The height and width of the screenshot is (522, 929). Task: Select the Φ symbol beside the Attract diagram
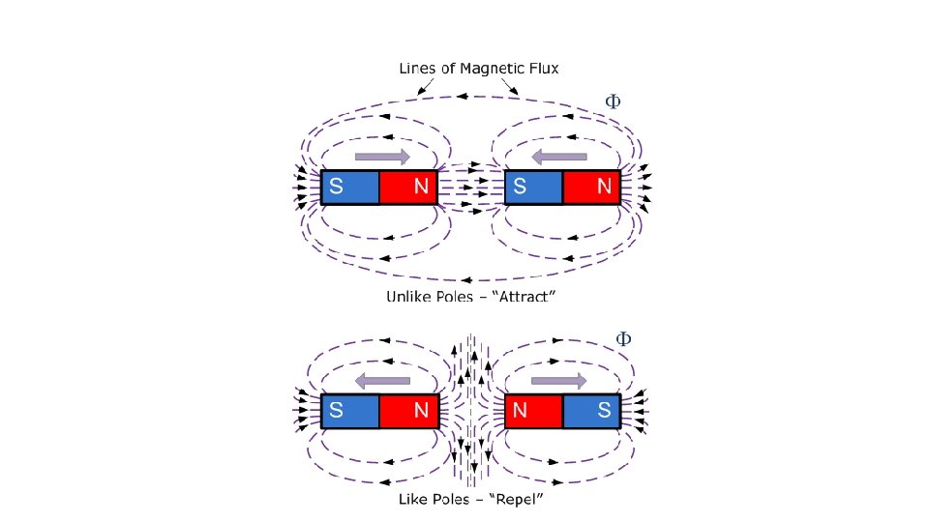(613, 101)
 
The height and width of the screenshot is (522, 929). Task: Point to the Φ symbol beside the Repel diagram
(624, 339)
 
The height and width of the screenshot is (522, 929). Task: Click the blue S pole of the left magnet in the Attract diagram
(349, 188)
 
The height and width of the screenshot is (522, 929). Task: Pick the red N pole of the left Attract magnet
(408, 188)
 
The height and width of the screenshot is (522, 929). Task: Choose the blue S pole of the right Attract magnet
(533, 188)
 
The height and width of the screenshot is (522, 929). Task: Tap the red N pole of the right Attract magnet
(592, 188)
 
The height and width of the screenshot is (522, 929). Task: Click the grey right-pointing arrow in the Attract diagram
(382, 157)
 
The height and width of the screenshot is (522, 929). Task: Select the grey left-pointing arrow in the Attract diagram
(559, 157)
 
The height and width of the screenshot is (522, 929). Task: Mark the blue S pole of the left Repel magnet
(349, 411)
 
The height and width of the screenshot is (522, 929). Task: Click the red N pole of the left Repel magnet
(408, 411)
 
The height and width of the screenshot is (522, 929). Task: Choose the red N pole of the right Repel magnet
(533, 411)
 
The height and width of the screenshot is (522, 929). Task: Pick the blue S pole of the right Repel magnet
(592, 411)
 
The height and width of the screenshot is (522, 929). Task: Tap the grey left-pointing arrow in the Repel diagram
(382, 380)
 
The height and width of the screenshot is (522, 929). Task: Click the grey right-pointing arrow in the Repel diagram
(559, 380)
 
